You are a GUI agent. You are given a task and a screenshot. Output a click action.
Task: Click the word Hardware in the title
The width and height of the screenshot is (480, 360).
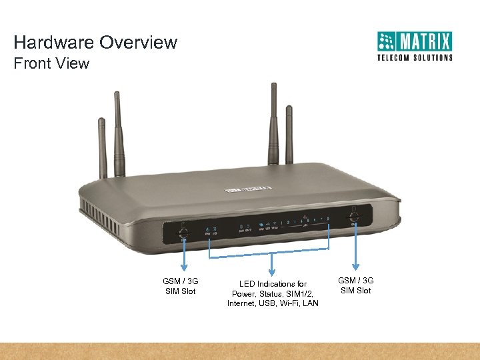(54, 43)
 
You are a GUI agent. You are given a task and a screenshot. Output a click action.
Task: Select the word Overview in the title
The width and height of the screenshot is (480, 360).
(139, 43)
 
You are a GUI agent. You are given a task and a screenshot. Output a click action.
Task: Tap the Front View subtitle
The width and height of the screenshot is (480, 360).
(51, 64)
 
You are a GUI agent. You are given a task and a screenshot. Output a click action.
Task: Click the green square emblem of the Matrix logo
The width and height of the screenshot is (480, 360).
(387, 42)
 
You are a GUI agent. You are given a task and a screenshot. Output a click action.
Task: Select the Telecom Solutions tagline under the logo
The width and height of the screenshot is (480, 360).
(415, 57)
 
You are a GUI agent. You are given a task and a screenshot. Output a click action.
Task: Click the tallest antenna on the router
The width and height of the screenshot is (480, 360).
(273, 127)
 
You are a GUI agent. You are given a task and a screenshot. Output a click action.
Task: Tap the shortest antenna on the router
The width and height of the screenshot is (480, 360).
(103, 147)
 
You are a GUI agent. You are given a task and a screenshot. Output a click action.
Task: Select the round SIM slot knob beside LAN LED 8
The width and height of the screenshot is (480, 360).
(353, 216)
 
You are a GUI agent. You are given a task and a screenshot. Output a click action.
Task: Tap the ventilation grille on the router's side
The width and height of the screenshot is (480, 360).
(93, 210)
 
